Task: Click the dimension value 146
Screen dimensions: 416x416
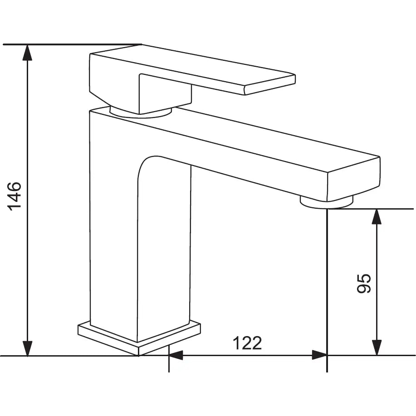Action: (15, 196)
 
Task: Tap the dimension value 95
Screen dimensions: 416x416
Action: (365, 284)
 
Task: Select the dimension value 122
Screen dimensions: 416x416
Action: (247, 343)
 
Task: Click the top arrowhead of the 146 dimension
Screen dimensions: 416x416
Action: (28, 52)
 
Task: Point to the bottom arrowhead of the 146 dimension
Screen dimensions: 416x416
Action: (28, 348)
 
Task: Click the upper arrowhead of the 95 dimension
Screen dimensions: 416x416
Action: (376, 217)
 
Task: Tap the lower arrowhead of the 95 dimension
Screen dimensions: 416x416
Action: (376, 348)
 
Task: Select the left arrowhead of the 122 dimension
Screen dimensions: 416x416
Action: (176, 355)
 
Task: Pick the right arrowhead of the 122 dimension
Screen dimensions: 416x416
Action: (319, 355)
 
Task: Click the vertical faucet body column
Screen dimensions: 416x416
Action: (113, 227)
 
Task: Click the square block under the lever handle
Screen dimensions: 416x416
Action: (164, 94)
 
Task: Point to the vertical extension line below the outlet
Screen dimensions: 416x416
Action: (327, 290)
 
